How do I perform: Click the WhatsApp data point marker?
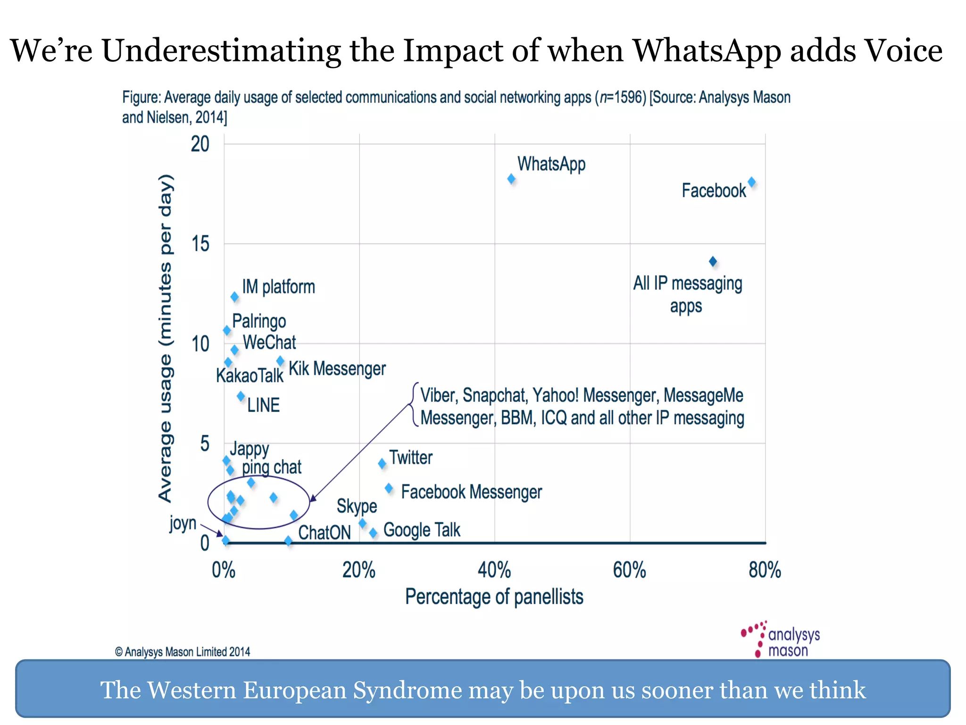(511, 179)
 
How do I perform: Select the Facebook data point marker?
(751, 182)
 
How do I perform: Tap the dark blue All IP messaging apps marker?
(713, 261)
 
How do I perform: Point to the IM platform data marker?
(234, 296)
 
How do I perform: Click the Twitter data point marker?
(382, 464)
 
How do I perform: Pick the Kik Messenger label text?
(337, 369)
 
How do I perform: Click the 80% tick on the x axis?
(765, 570)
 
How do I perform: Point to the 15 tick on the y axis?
(200, 244)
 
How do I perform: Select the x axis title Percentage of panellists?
(494, 597)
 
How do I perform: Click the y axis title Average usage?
(165, 337)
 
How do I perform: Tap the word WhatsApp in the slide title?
(706, 51)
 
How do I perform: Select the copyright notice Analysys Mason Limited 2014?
(183, 652)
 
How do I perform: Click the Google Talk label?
(422, 530)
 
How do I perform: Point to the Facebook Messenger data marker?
(389, 488)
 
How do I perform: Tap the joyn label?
(183, 523)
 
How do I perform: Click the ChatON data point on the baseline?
(288, 540)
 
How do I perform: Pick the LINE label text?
(263, 405)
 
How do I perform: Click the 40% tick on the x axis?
(494, 570)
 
